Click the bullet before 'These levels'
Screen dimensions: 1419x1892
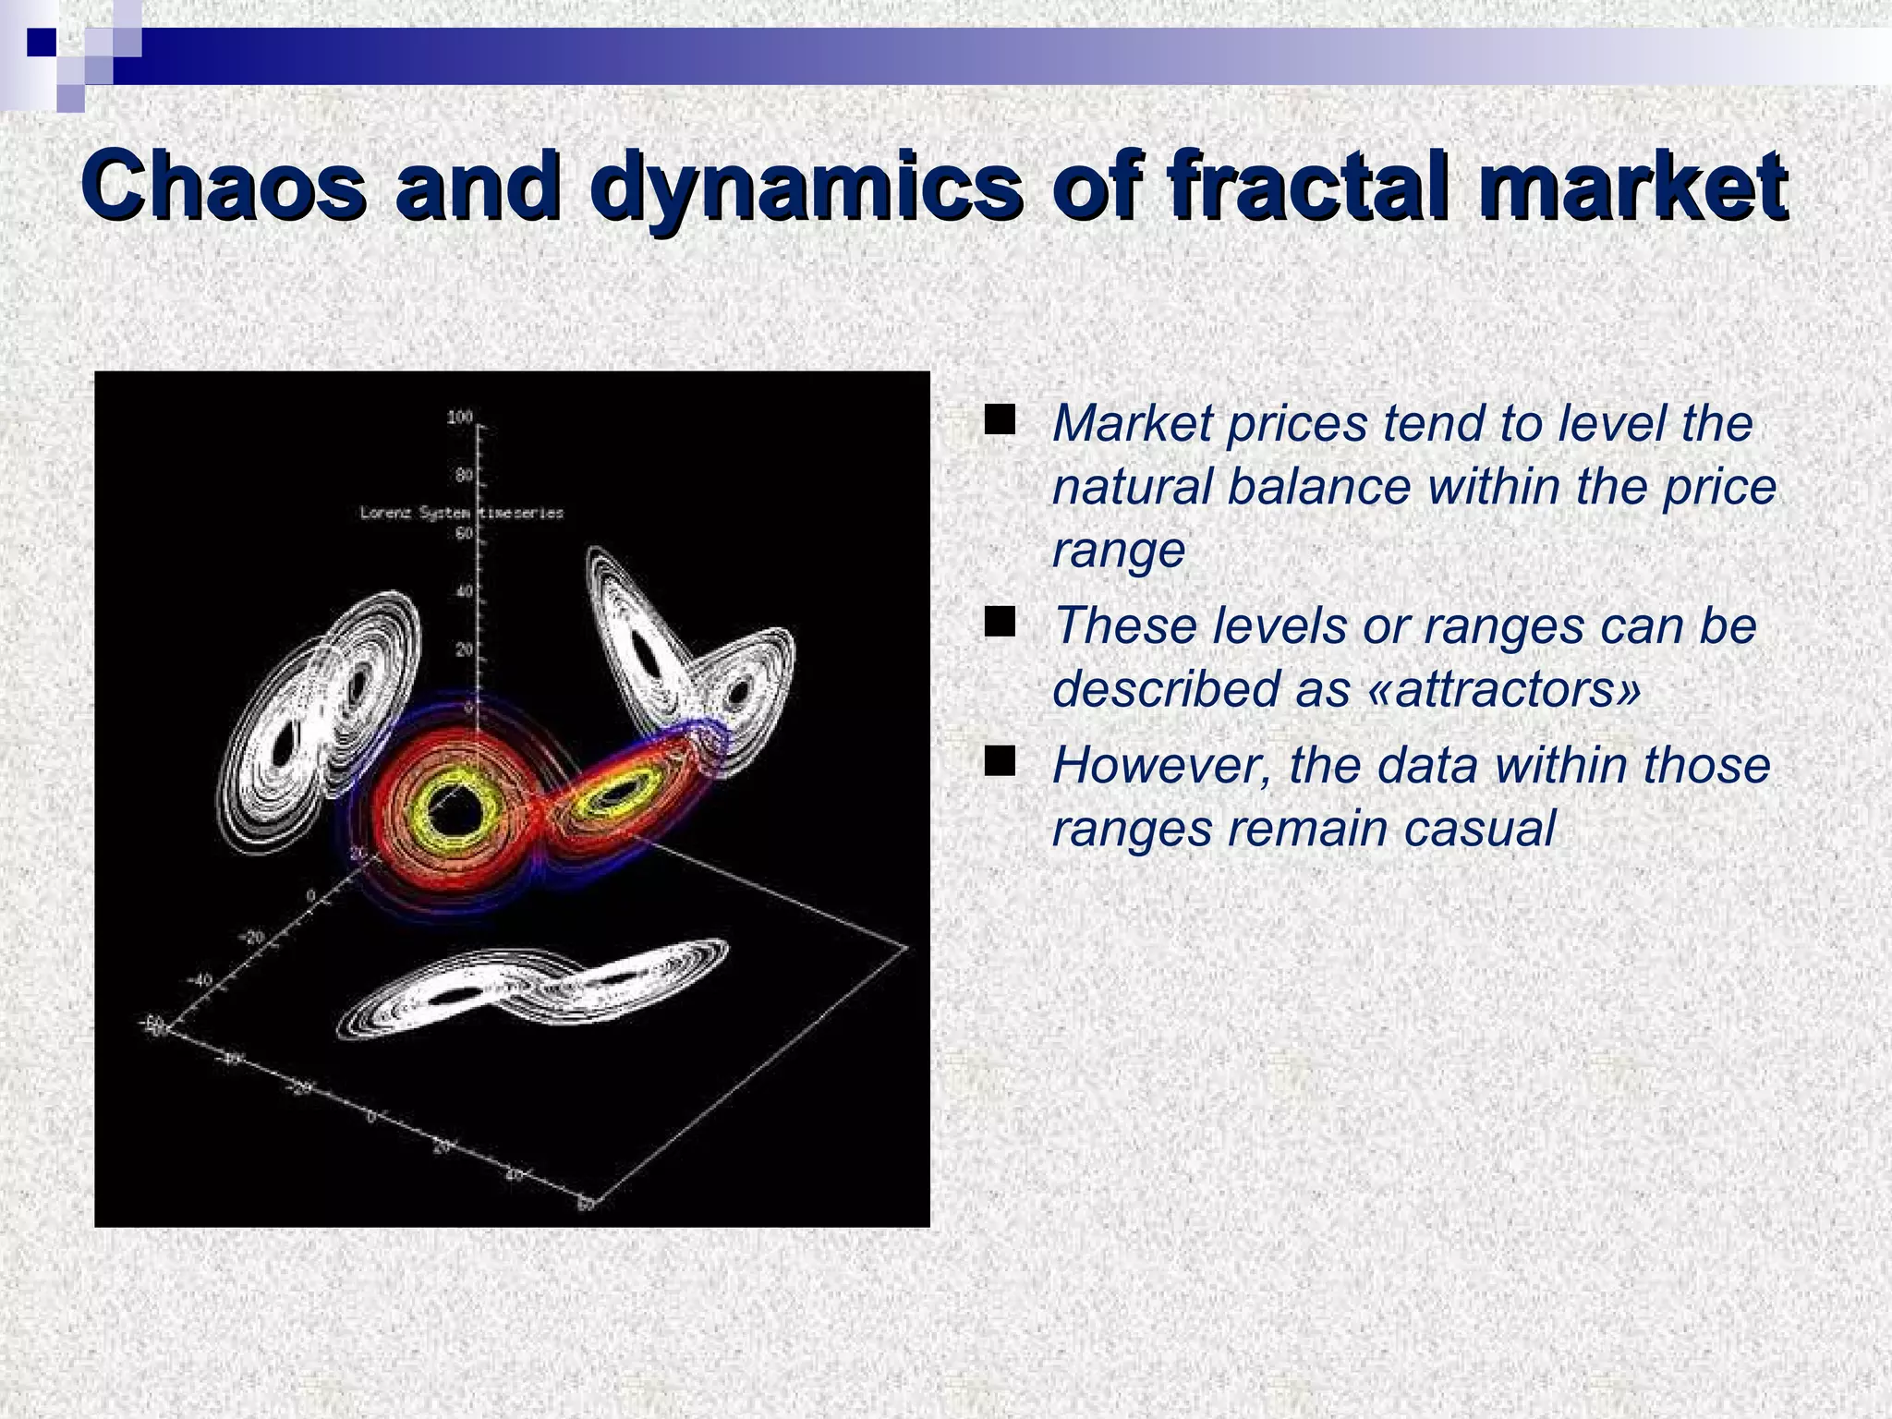click(999, 622)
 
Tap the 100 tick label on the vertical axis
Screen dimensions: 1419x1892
click(459, 418)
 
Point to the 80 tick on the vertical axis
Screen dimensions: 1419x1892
click(464, 476)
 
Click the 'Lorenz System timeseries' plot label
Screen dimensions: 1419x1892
click(461, 513)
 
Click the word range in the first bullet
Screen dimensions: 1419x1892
click(1118, 552)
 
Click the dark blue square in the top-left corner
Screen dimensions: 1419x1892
click(42, 42)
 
